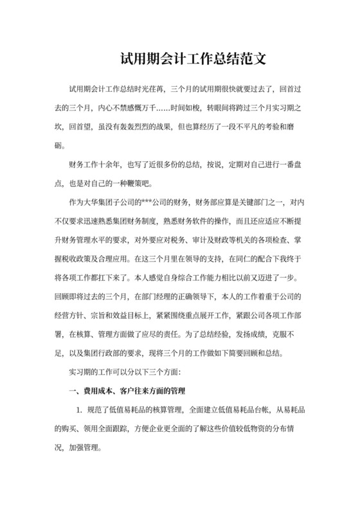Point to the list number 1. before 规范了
coord(79,409)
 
